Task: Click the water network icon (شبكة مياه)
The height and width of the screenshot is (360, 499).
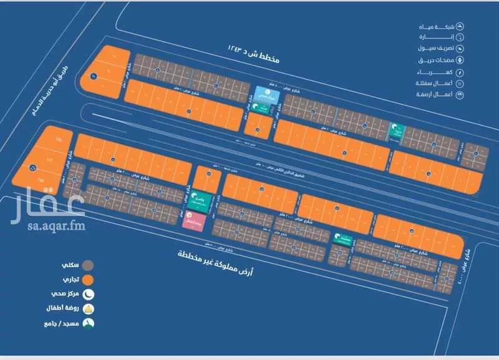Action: point(460,26)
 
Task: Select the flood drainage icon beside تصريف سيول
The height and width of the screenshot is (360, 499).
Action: point(460,49)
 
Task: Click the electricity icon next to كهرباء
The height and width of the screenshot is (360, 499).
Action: point(460,72)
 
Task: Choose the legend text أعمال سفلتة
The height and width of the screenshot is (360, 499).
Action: point(434,84)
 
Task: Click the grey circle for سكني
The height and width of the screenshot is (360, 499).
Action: point(89,264)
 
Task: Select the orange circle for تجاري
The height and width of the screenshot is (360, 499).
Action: point(89,279)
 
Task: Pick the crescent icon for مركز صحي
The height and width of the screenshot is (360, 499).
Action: point(89,293)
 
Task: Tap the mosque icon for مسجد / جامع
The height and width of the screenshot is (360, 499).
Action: point(89,323)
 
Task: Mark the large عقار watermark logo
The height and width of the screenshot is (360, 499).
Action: point(47,206)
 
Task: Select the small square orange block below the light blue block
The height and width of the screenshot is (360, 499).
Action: point(257,127)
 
